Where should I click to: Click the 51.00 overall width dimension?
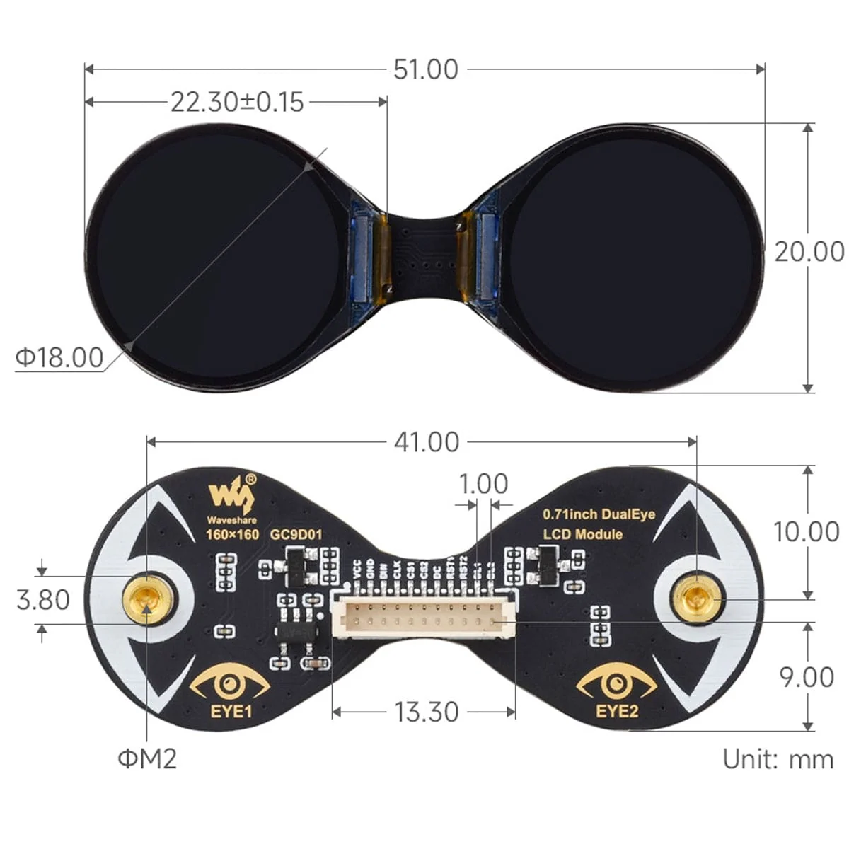point(426,69)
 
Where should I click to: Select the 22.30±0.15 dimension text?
point(237,102)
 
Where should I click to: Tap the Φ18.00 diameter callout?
point(59,357)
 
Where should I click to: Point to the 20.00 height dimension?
point(809,251)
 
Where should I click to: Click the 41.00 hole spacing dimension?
point(427,442)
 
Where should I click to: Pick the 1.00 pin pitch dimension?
point(483,484)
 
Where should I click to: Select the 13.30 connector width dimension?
point(426,712)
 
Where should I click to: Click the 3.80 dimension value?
point(43,600)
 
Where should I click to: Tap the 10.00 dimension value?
point(806,532)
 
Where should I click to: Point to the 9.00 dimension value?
point(807,677)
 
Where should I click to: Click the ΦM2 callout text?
point(147,759)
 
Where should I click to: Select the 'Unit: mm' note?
point(778,759)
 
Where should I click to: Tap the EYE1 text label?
point(231,710)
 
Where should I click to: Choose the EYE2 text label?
point(617,710)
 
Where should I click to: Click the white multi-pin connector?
point(424,620)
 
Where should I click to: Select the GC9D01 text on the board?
point(296,534)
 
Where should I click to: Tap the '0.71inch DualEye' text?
point(599,514)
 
